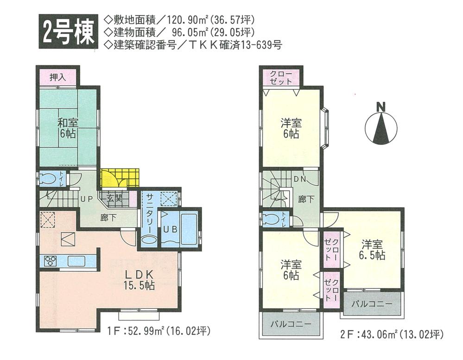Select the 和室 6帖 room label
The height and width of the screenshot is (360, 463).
[68, 128]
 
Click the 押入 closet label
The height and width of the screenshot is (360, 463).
[57, 77]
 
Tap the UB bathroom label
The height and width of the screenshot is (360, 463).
[168, 229]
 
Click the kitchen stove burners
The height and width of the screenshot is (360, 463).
[50, 261]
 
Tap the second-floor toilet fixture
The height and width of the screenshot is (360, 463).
[271, 220]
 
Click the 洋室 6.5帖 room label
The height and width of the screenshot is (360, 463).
[373, 249]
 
